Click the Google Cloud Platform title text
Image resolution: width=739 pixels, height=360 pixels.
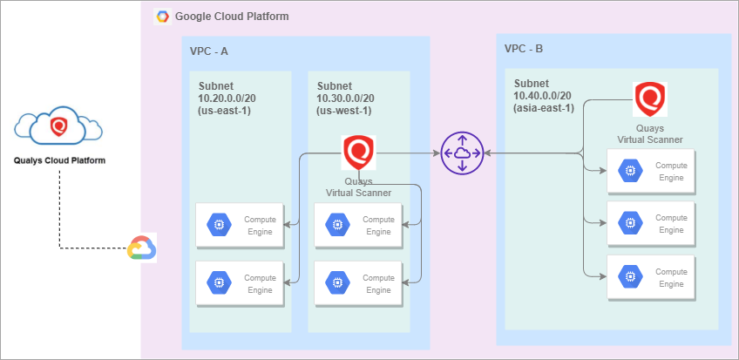(x=232, y=17)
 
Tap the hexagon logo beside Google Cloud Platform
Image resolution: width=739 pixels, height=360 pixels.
(x=161, y=17)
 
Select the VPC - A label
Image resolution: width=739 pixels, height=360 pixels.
(x=209, y=51)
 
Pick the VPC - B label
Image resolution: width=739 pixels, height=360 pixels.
(x=524, y=48)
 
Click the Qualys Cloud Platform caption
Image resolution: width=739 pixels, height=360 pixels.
(x=59, y=160)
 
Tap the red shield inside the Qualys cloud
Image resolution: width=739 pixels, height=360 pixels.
(x=58, y=126)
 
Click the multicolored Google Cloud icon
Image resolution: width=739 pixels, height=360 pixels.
(x=141, y=248)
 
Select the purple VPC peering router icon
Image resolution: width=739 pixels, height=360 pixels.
(x=461, y=153)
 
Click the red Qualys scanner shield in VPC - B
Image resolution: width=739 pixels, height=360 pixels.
(x=649, y=98)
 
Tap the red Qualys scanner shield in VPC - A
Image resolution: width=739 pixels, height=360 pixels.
(x=358, y=153)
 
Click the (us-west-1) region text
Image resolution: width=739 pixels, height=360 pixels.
(x=344, y=110)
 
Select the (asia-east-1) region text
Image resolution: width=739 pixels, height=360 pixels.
(x=543, y=107)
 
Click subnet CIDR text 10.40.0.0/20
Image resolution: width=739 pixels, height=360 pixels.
(x=542, y=95)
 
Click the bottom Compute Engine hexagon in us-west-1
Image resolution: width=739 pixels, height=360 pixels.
(x=336, y=282)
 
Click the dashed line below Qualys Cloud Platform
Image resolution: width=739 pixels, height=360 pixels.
(x=59, y=209)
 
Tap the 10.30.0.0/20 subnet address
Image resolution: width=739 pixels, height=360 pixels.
(x=347, y=98)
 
